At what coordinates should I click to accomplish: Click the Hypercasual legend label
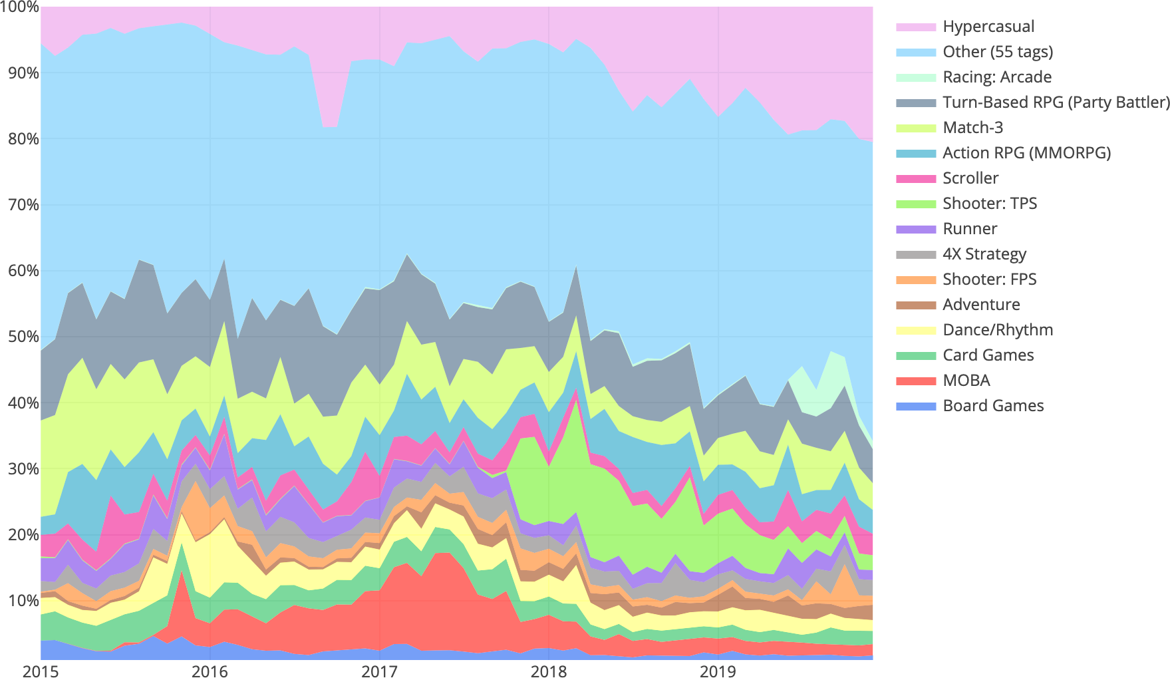coord(988,27)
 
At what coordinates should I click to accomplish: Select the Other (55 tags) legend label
coord(998,52)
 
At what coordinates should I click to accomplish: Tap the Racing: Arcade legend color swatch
coord(915,77)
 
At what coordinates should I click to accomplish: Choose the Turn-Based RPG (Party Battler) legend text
coord(1056,102)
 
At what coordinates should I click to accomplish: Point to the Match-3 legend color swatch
coord(915,128)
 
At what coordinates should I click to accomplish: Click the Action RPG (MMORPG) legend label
coord(1026,153)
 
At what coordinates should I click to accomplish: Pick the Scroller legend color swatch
coord(915,178)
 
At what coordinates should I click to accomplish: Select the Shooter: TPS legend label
coord(990,204)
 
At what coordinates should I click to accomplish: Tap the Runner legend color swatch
coord(915,229)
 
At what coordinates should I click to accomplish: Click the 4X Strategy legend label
coord(984,254)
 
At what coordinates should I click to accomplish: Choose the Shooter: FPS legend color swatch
coord(915,279)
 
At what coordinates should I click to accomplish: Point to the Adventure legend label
coord(981,305)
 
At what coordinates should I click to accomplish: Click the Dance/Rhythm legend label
coord(998,330)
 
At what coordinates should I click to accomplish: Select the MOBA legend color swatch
coord(915,381)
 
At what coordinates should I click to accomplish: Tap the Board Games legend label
coord(993,406)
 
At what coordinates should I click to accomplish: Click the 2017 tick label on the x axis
coord(379,671)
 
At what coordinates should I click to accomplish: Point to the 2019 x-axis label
coord(718,671)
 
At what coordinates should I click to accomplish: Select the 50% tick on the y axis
coord(23,337)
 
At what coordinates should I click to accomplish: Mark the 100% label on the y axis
coord(20,8)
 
